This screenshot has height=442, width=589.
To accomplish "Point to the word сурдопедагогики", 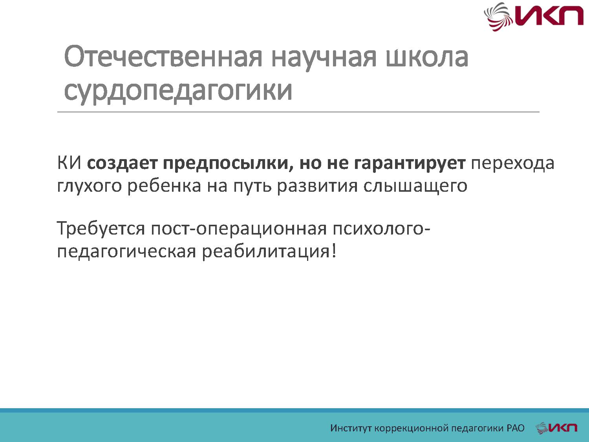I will [178, 91].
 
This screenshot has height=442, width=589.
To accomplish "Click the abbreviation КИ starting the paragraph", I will [69, 163].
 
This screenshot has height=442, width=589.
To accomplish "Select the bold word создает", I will [122, 163].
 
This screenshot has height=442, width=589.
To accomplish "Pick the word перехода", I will [512, 163].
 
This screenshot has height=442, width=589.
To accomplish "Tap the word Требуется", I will [101, 229].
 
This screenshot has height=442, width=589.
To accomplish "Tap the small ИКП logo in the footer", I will [556, 428].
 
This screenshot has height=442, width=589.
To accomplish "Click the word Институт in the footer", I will [351, 428].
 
